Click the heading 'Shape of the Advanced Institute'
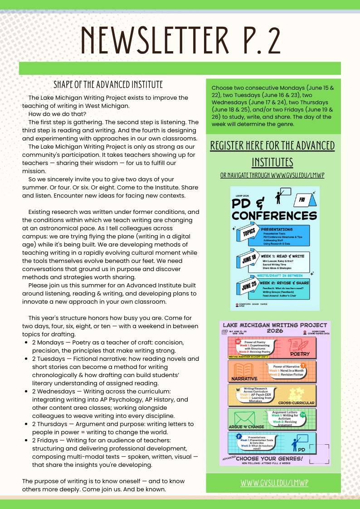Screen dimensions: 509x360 108,85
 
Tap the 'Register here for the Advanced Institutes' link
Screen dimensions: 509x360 272,153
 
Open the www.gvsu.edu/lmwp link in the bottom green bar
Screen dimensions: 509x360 274,483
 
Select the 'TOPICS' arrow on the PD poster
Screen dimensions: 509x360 248,233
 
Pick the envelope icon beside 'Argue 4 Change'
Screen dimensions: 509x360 244,417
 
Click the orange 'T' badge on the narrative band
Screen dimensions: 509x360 303,365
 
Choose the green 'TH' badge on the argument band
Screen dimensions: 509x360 302,415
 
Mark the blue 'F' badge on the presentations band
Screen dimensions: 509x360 238,436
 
